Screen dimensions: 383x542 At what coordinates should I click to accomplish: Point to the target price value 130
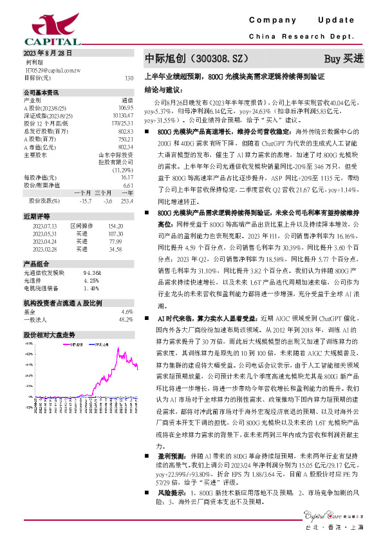tap(129, 77)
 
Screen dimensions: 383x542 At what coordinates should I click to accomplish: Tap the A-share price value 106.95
tap(126, 107)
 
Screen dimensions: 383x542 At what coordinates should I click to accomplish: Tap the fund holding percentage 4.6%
tap(127, 311)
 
